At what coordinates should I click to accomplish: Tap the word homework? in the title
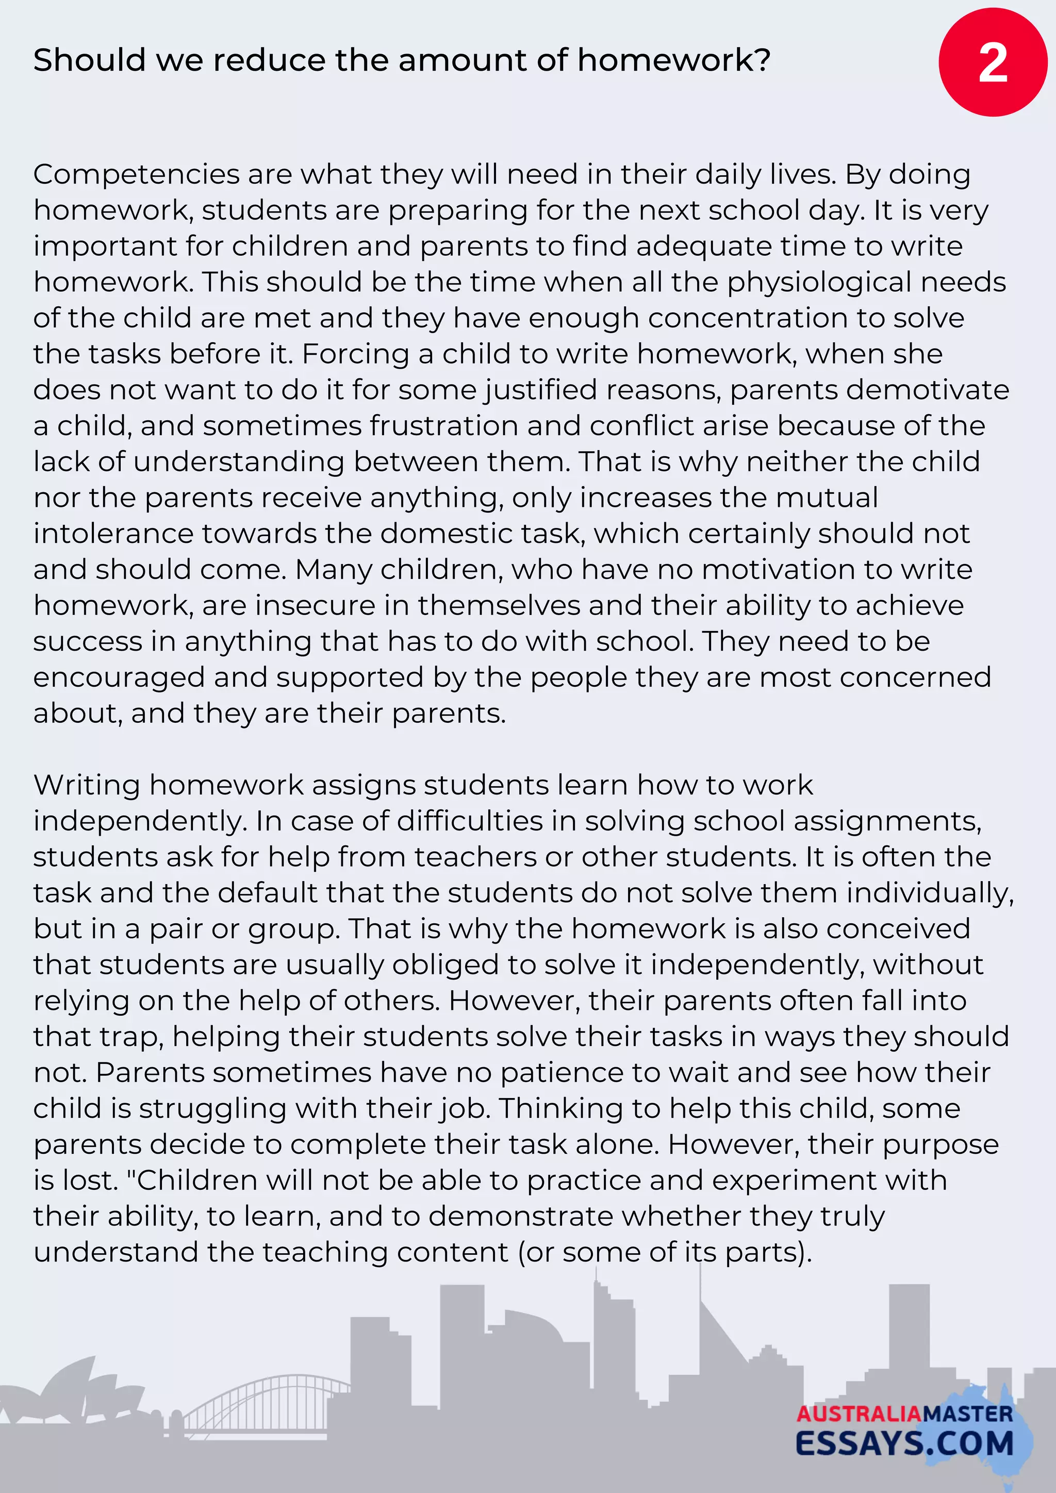673,60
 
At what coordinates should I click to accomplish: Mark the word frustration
443,426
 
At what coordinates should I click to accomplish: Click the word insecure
315,605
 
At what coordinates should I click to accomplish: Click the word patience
562,1072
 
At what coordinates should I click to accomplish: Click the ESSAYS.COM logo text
904,1444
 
